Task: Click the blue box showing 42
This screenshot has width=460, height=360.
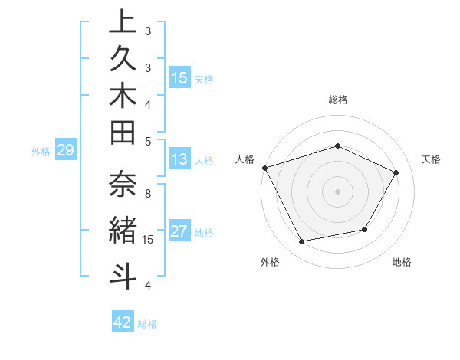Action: coord(123,322)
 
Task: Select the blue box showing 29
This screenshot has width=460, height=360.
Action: coord(65,151)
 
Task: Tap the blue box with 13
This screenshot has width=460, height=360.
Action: coord(179,160)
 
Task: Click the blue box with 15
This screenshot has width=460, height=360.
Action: coord(179,78)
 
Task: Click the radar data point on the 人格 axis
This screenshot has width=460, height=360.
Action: coord(264,167)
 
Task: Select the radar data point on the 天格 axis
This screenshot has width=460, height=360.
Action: coord(396,172)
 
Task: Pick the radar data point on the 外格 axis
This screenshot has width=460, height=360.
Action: coord(301,241)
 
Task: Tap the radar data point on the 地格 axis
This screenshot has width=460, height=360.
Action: coord(365,229)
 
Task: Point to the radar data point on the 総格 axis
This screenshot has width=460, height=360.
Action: coord(337,146)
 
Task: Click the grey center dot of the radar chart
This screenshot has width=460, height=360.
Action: coord(337,191)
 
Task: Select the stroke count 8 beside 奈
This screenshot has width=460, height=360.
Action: coord(148,193)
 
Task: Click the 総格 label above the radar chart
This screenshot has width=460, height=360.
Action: coord(337,100)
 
